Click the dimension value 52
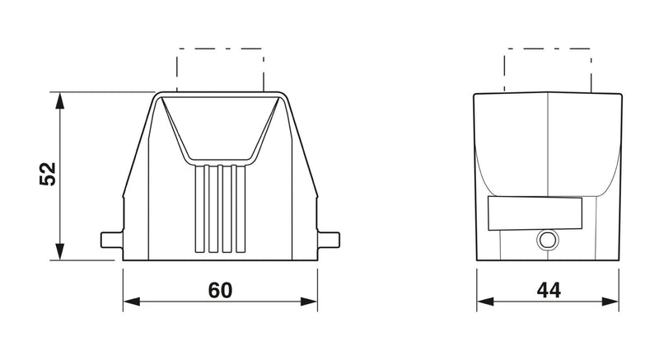[x=48, y=174]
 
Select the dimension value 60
[x=220, y=290]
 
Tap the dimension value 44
[x=549, y=290]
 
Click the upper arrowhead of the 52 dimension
[x=60, y=101]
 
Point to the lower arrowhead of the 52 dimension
[x=60, y=251]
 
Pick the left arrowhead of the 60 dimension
[x=132, y=302]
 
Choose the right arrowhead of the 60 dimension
[x=309, y=302]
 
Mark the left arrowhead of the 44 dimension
[x=485, y=302]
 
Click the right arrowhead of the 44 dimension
[x=610, y=302]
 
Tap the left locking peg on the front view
[x=112, y=240]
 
